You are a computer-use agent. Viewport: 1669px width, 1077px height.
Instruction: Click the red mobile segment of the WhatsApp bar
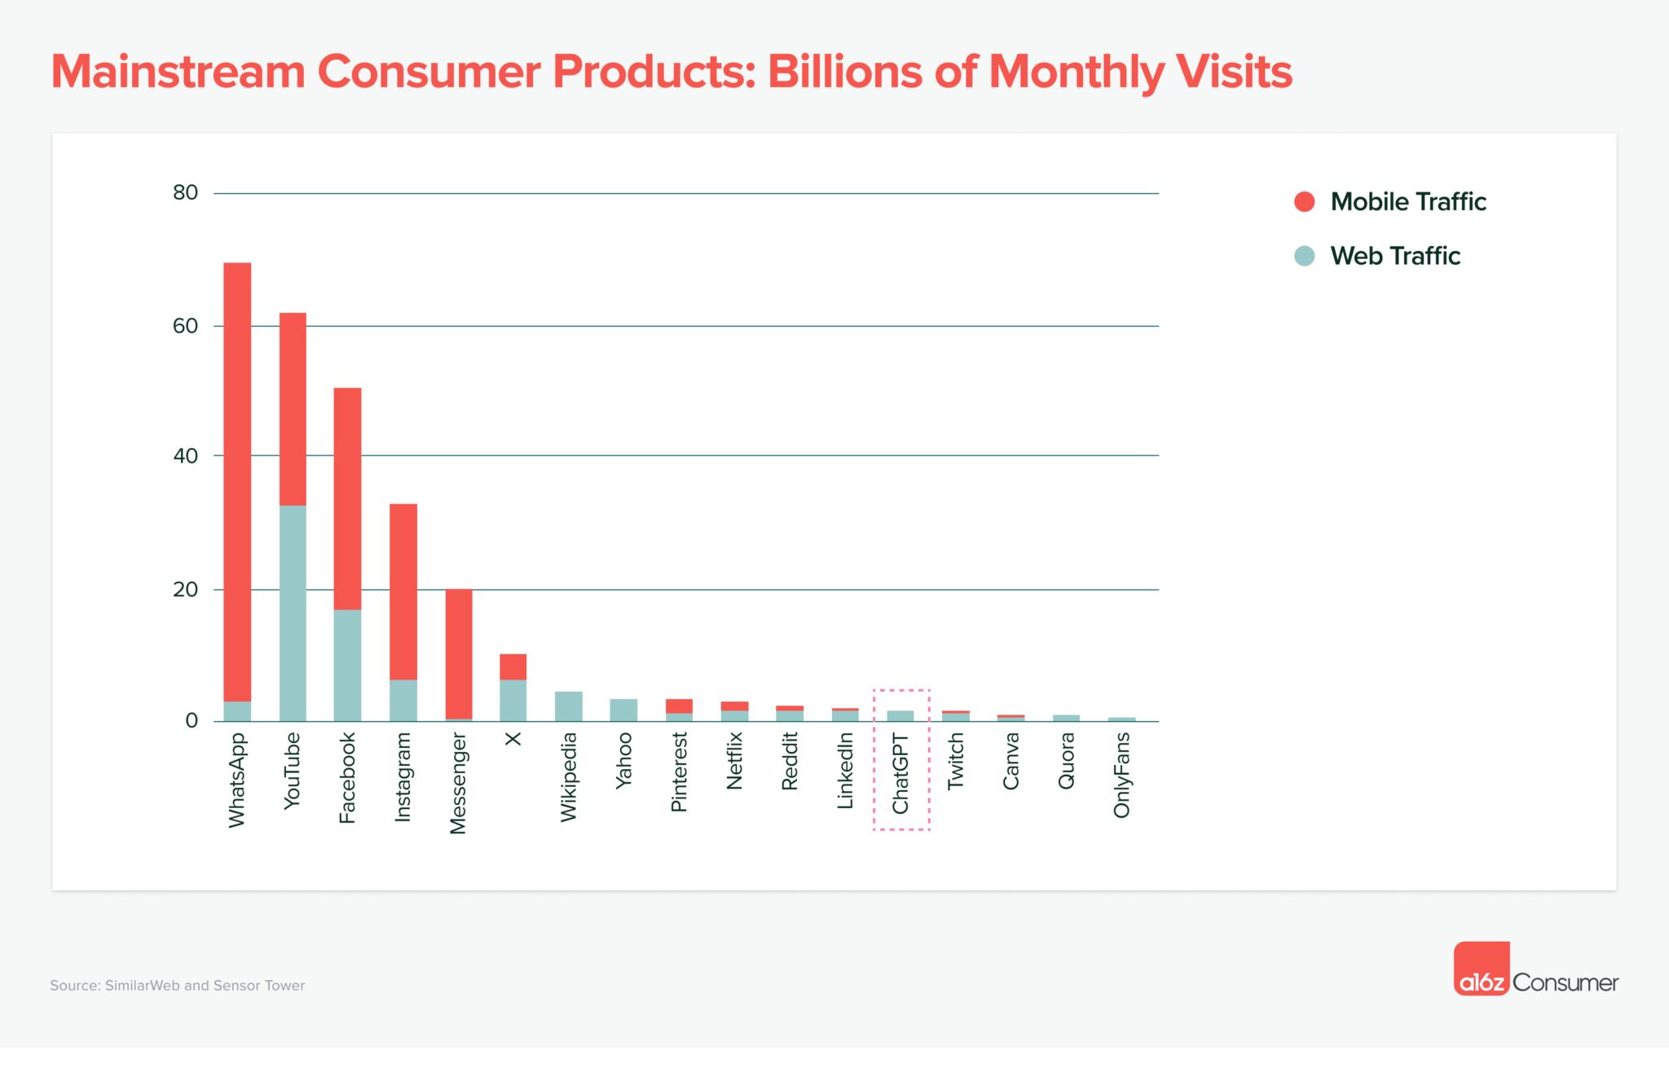pos(237,481)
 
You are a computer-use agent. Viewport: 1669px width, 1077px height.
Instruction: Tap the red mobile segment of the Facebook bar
pos(348,498)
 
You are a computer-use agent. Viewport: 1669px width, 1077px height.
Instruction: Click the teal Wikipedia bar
pos(569,706)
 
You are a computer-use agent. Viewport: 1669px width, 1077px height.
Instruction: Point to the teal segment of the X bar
pos(513,700)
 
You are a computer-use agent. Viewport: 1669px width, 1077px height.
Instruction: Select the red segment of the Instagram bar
pos(403,591)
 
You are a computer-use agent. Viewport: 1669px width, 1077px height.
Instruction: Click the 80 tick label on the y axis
pos(186,193)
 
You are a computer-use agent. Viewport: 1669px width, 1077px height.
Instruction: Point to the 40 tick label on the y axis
pos(186,456)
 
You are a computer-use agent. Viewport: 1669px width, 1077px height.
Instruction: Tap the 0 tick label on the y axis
pos(192,721)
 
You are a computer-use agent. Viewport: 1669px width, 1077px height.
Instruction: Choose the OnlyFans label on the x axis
pos(1122,775)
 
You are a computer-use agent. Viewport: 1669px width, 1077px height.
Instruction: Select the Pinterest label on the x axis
pos(680,771)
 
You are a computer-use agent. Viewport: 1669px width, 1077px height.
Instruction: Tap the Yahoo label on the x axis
pos(624,760)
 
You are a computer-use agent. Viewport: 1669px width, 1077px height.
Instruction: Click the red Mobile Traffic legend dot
pos(1305,202)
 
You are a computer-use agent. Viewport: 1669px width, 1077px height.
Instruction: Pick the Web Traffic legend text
pos(1395,256)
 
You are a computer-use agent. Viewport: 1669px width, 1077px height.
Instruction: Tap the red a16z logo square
pos(1482,969)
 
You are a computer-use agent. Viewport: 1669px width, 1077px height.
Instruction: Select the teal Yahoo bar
pos(624,710)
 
